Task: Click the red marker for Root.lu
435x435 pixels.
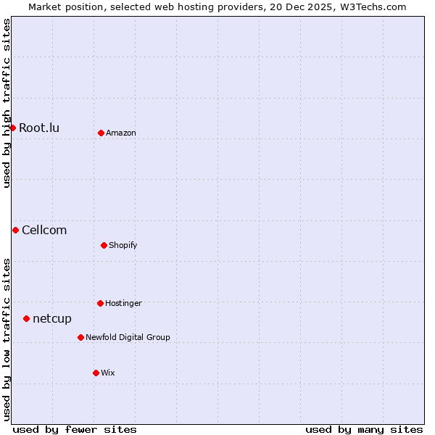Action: pyautogui.click(x=12, y=128)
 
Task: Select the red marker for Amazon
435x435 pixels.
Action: pyautogui.click(x=101, y=133)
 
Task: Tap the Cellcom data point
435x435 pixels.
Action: pyautogui.click(x=15, y=230)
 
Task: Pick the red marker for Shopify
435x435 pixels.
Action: pyautogui.click(x=104, y=245)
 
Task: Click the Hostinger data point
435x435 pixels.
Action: pyautogui.click(x=100, y=303)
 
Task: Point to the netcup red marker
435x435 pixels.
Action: pyautogui.click(x=26, y=318)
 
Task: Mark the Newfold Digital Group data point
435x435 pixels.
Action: pyautogui.click(x=80, y=337)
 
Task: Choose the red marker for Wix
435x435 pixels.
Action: pyautogui.click(x=96, y=373)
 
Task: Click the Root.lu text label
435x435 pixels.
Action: pyautogui.click(x=39, y=128)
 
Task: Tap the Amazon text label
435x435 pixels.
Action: pyautogui.click(x=121, y=133)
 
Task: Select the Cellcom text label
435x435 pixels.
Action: pyautogui.click(x=44, y=231)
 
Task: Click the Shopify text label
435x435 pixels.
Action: pyautogui.click(x=123, y=246)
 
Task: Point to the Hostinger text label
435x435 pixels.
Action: pyautogui.click(x=123, y=304)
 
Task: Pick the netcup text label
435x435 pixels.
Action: pyautogui.click(x=52, y=319)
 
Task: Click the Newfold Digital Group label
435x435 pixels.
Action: pyautogui.click(x=128, y=338)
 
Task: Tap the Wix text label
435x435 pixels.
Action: pyautogui.click(x=108, y=373)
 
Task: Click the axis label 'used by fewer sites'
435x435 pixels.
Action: pyautogui.click(x=75, y=429)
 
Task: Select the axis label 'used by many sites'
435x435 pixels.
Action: pyautogui.click(x=364, y=429)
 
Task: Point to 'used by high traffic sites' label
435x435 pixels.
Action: pyautogui.click(x=7, y=104)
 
